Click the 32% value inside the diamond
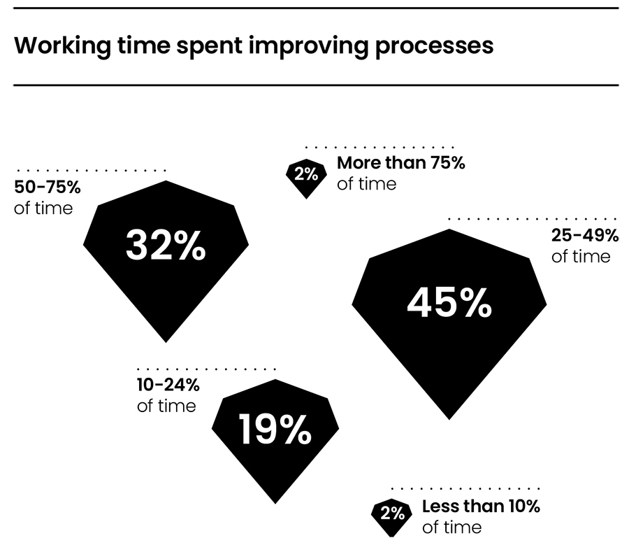click(x=166, y=246)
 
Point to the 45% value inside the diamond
click(x=449, y=304)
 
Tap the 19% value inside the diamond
click(x=275, y=430)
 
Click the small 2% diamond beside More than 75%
click(x=305, y=175)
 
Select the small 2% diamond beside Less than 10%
click(x=393, y=514)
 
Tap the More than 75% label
click(x=400, y=164)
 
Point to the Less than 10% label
click(x=481, y=507)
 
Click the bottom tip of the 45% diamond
click(x=449, y=418)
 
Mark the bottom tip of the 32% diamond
click(x=166, y=341)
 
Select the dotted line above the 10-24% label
click(x=207, y=369)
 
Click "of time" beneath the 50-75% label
click(x=43, y=208)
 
